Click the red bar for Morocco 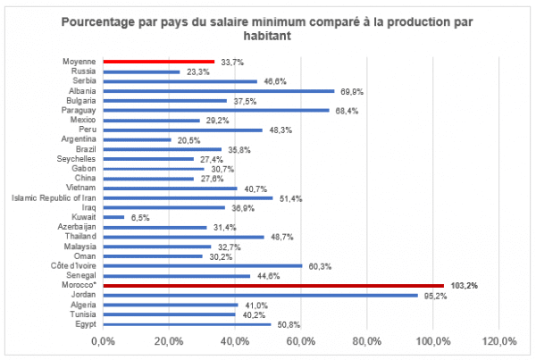273,285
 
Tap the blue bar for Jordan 260,295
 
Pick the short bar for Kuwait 113,217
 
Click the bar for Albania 218,91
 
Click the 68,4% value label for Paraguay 345,111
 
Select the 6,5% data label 140,217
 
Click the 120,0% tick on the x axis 499,341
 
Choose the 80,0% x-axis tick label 367,341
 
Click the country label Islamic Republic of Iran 48,197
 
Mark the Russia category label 83,71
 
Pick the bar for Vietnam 170,188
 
